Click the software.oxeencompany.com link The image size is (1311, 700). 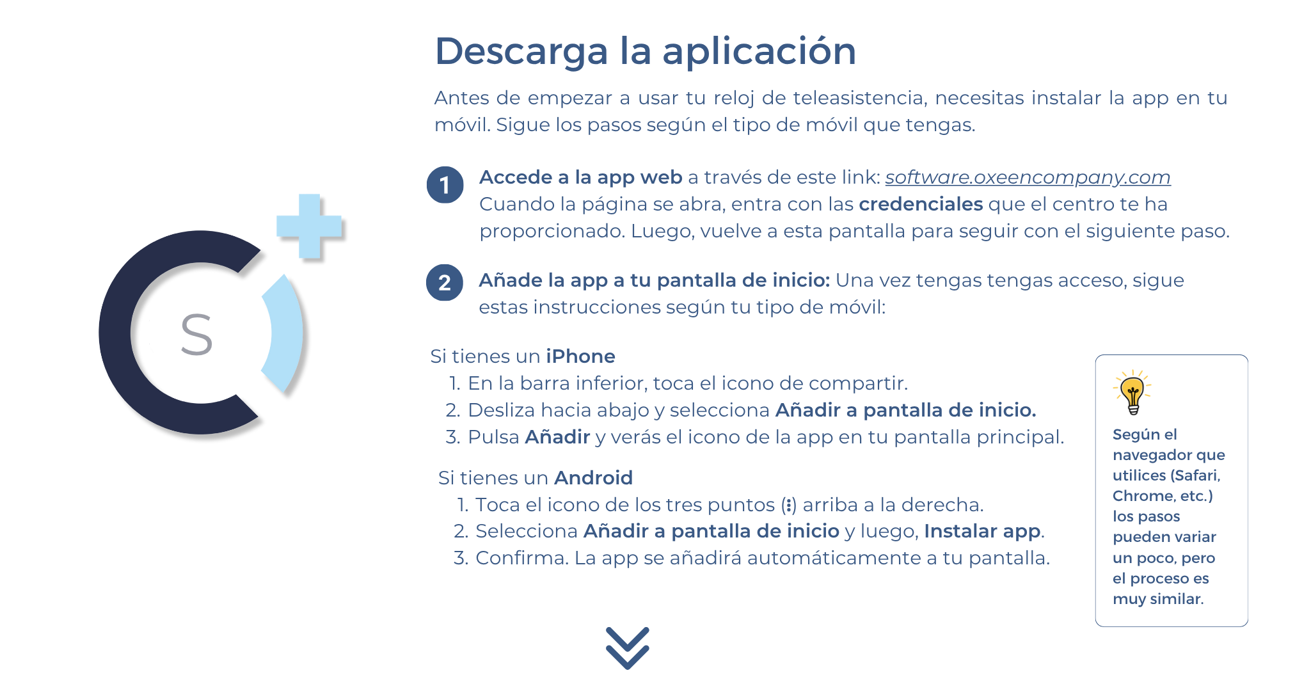1028,177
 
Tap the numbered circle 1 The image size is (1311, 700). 445,185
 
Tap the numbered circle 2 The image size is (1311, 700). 445,282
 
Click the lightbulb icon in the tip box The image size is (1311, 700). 1132,392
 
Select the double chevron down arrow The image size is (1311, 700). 627,648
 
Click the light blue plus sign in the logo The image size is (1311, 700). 309,227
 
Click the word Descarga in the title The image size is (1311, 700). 521,51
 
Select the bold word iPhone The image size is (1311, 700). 580,356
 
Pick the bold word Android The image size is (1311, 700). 593,477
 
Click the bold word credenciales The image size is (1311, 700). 921,204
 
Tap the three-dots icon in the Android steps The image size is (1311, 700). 789,505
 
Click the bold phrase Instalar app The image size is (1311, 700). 982,532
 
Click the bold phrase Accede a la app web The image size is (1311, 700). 581,178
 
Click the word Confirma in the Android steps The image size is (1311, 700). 522,558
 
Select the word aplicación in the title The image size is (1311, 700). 759,51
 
